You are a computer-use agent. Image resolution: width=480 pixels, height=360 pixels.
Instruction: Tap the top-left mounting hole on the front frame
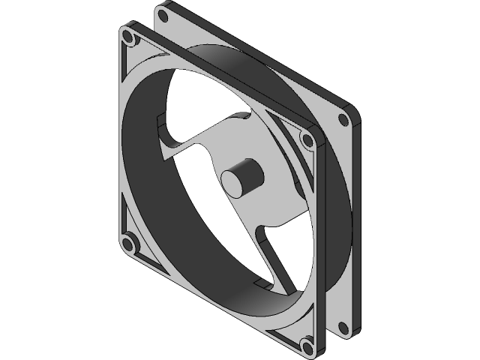pyautogui.click(x=129, y=36)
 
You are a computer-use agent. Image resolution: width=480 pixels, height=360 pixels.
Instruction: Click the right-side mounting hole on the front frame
pyautogui.click(x=307, y=139)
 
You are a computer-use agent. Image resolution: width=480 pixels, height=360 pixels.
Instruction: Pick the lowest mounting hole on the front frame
pyautogui.click(x=306, y=346)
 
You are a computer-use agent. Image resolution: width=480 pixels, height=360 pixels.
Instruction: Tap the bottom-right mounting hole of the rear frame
pyautogui.click(x=343, y=325)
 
